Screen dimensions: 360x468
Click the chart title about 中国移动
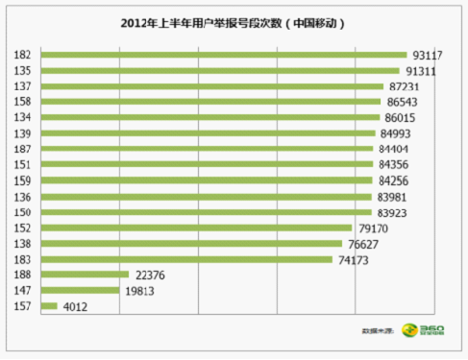pyautogui.click(x=234, y=22)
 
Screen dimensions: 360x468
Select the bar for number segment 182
pyautogui.click(x=224, y=55)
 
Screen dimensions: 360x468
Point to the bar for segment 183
pyautogui.click(x=186, y=259)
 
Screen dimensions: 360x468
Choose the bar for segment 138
pyautogui.click(x=191, y=244)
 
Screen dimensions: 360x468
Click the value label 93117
pyautogui.click(x=429, y=55)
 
